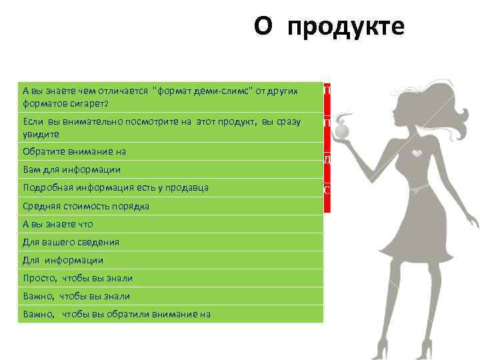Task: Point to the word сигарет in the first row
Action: pyautogui.click(x=90, y=103)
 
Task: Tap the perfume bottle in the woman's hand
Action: pyautogui.click(x=343, y=131)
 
